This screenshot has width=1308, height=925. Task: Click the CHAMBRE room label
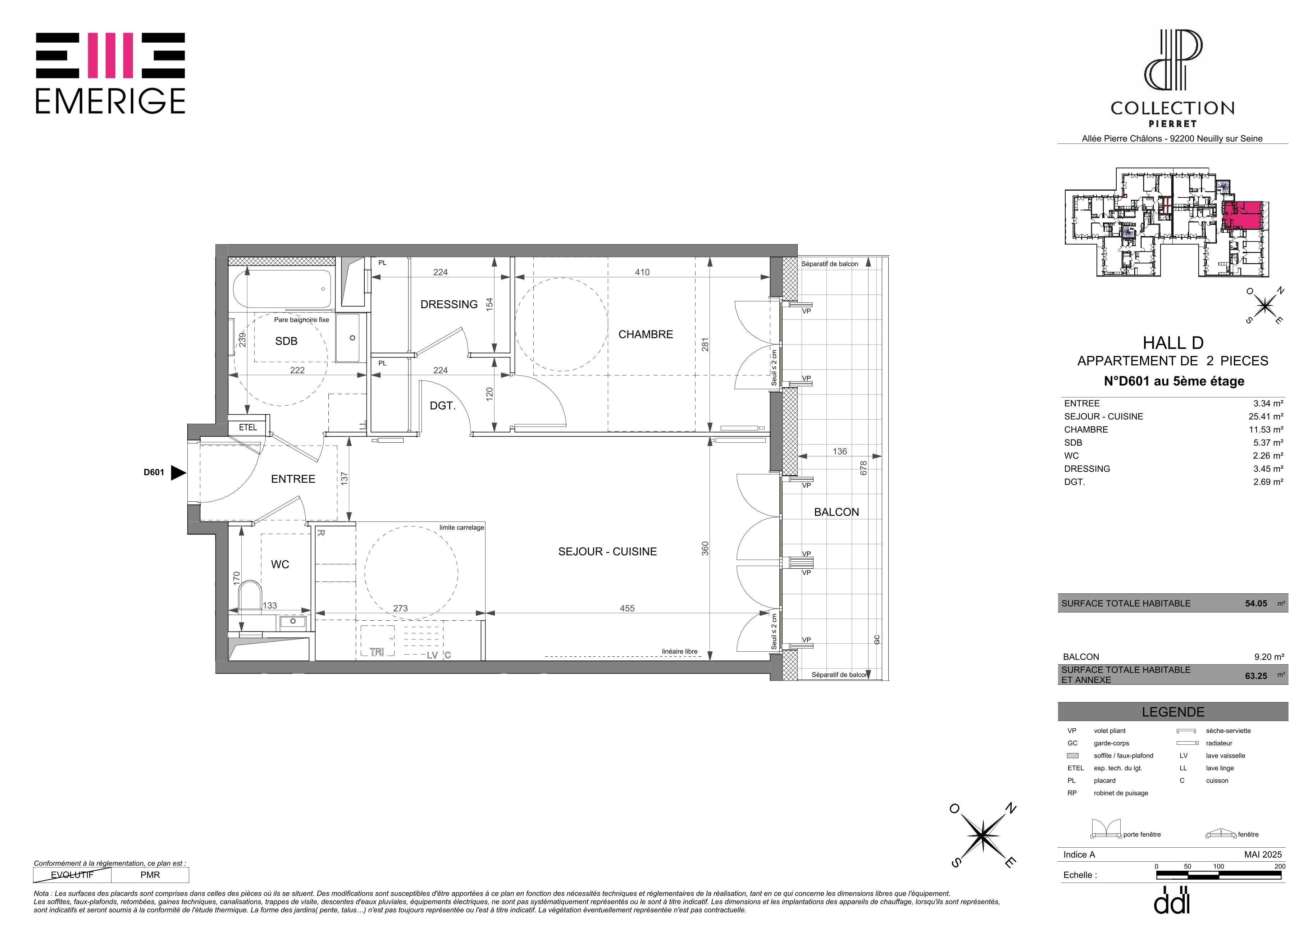(x=646, y=334)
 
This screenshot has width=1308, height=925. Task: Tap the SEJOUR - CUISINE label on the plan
(x=607, y=551)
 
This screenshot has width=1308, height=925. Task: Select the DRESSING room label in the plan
(x=449, y=304)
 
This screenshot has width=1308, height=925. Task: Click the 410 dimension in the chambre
(x=642, y=272)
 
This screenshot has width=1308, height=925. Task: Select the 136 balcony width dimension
(x=840, y=451)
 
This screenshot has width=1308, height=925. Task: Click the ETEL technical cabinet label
(x=248, y=427)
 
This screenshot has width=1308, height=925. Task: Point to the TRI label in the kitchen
(x=377, y=652)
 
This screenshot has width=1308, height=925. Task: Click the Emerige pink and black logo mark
(x=110, y=55)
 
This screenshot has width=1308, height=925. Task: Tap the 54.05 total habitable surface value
(x=1256, y=603)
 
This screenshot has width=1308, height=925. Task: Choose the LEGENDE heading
(x=1173, y=712)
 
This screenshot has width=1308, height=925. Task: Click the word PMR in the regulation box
(x=150, y=875)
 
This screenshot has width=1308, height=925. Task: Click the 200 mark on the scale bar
(x=1280, y=866)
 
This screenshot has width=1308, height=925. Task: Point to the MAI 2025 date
(x=1263, y=855)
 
